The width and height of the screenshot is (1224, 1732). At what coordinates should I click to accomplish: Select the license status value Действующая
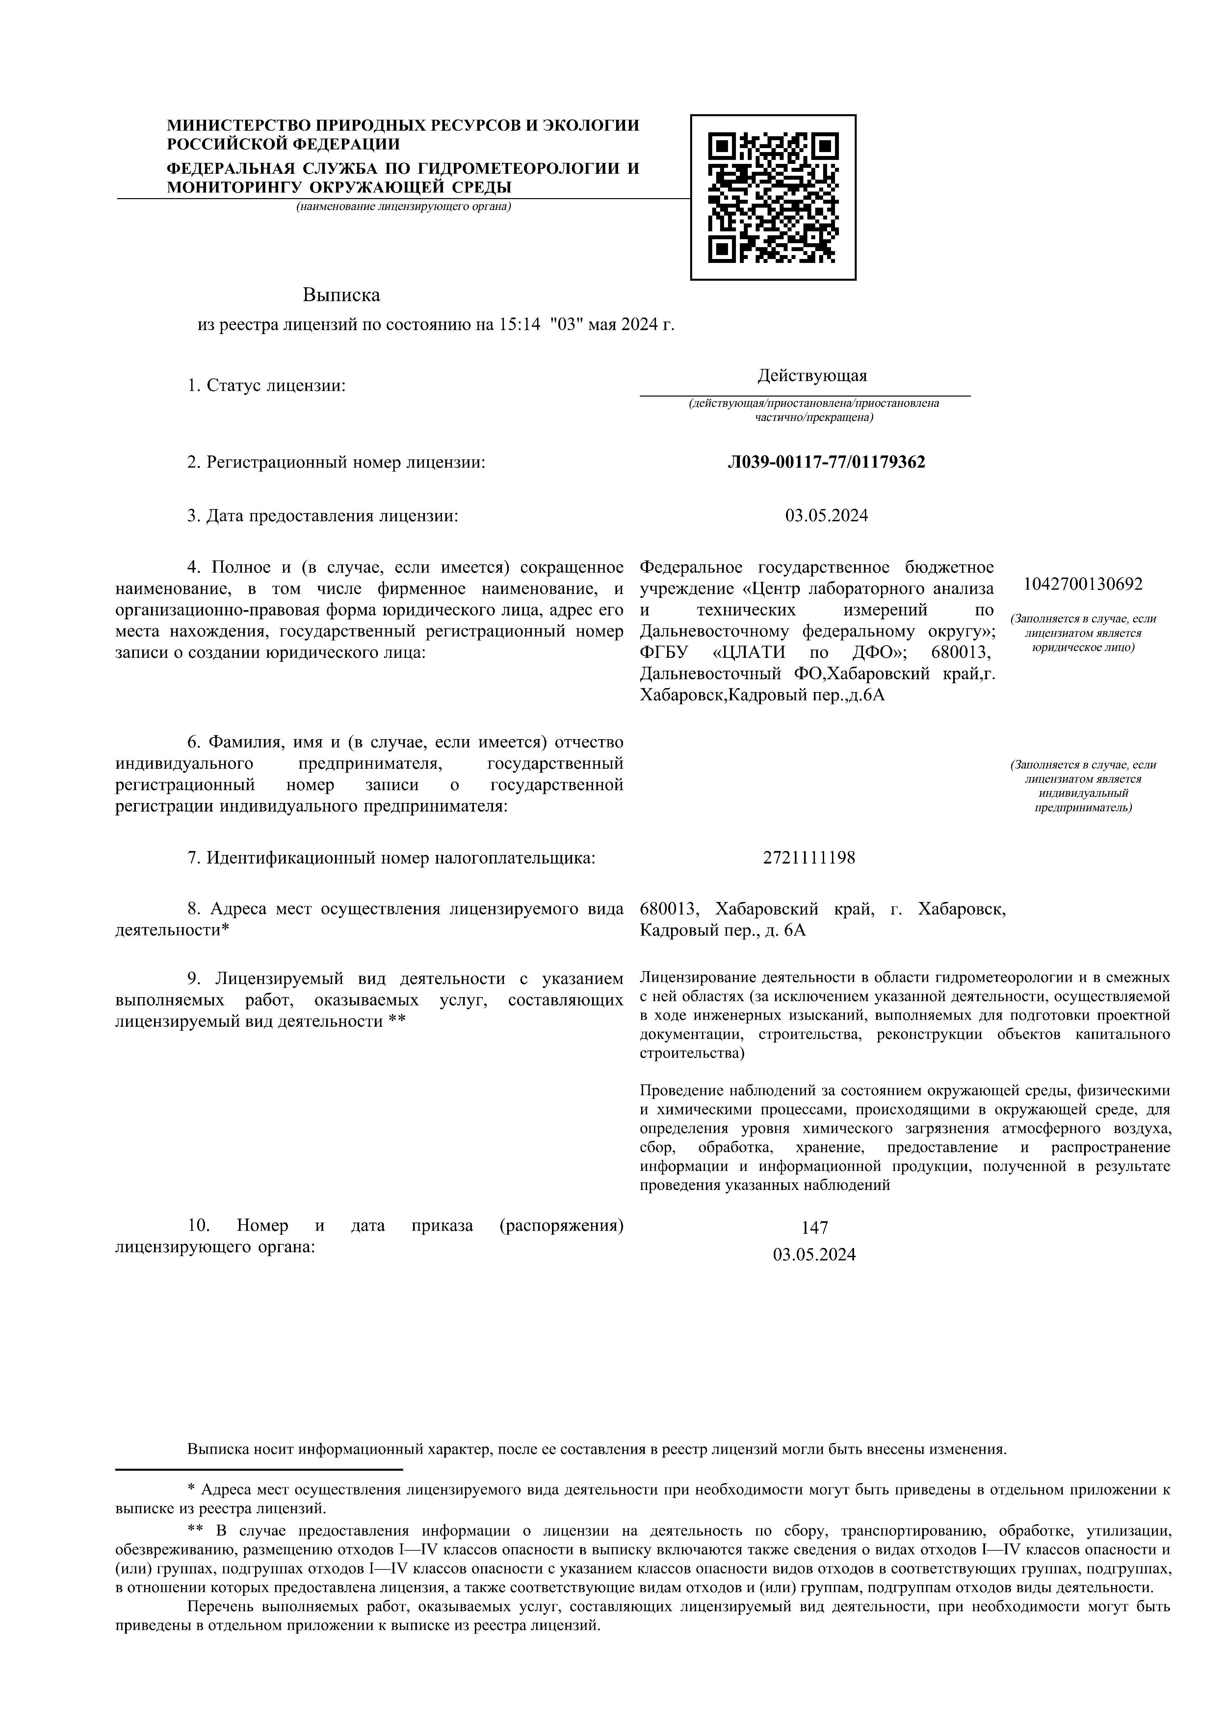(x=813, y=376)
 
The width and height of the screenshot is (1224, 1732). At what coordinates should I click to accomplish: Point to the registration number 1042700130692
(x=1083, y=584)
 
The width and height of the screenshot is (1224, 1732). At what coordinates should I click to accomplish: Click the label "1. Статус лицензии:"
(x=266, y=386)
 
